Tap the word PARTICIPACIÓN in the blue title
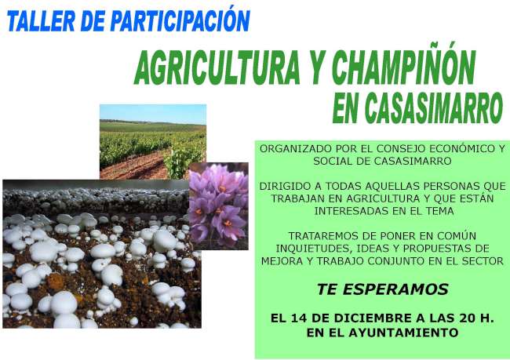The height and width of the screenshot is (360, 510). (x=180, y=20)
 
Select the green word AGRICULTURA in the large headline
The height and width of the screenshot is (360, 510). (x=217, y=68)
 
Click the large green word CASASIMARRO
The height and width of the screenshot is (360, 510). (x=434, y=108)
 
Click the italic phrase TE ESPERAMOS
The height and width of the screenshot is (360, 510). (x=383, y=289)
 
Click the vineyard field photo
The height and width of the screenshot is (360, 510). (x=153, y=142)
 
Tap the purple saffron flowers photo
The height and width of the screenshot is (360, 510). (x=219, y=206)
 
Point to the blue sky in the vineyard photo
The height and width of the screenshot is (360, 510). (x=153, y=114)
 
